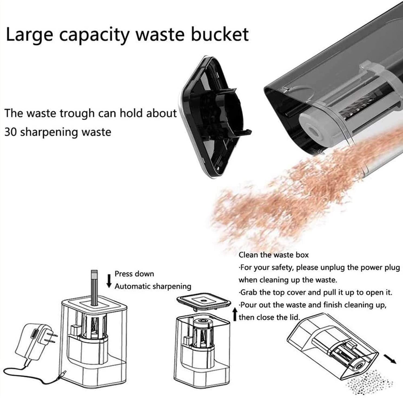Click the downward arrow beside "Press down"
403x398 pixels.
109,281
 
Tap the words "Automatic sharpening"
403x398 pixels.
153,286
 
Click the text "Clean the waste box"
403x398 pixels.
273,255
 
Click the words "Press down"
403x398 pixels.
134,274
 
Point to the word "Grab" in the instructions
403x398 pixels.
249,293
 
